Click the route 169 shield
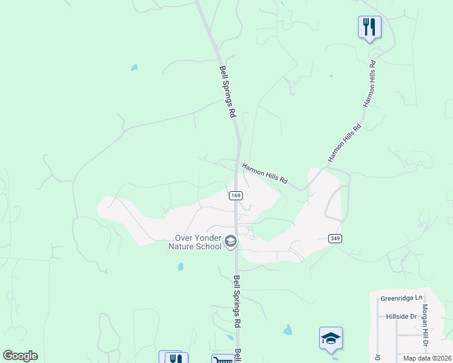pos(236,195)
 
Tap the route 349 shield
pos(335,239)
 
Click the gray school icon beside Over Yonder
pos(230,242)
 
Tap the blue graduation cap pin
pos(331,338)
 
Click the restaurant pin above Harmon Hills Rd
pos(369,27)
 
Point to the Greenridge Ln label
pos(402,298)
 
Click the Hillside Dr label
pos(402,316)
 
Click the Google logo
pos(20,356)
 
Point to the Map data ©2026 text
pos(427,358)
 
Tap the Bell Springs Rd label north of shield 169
pos(227,91)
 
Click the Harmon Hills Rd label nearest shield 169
pos(265,173)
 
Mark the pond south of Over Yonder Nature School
pos(180,266)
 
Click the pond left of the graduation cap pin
pos(287,330)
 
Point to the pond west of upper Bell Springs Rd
pos(134,67)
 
